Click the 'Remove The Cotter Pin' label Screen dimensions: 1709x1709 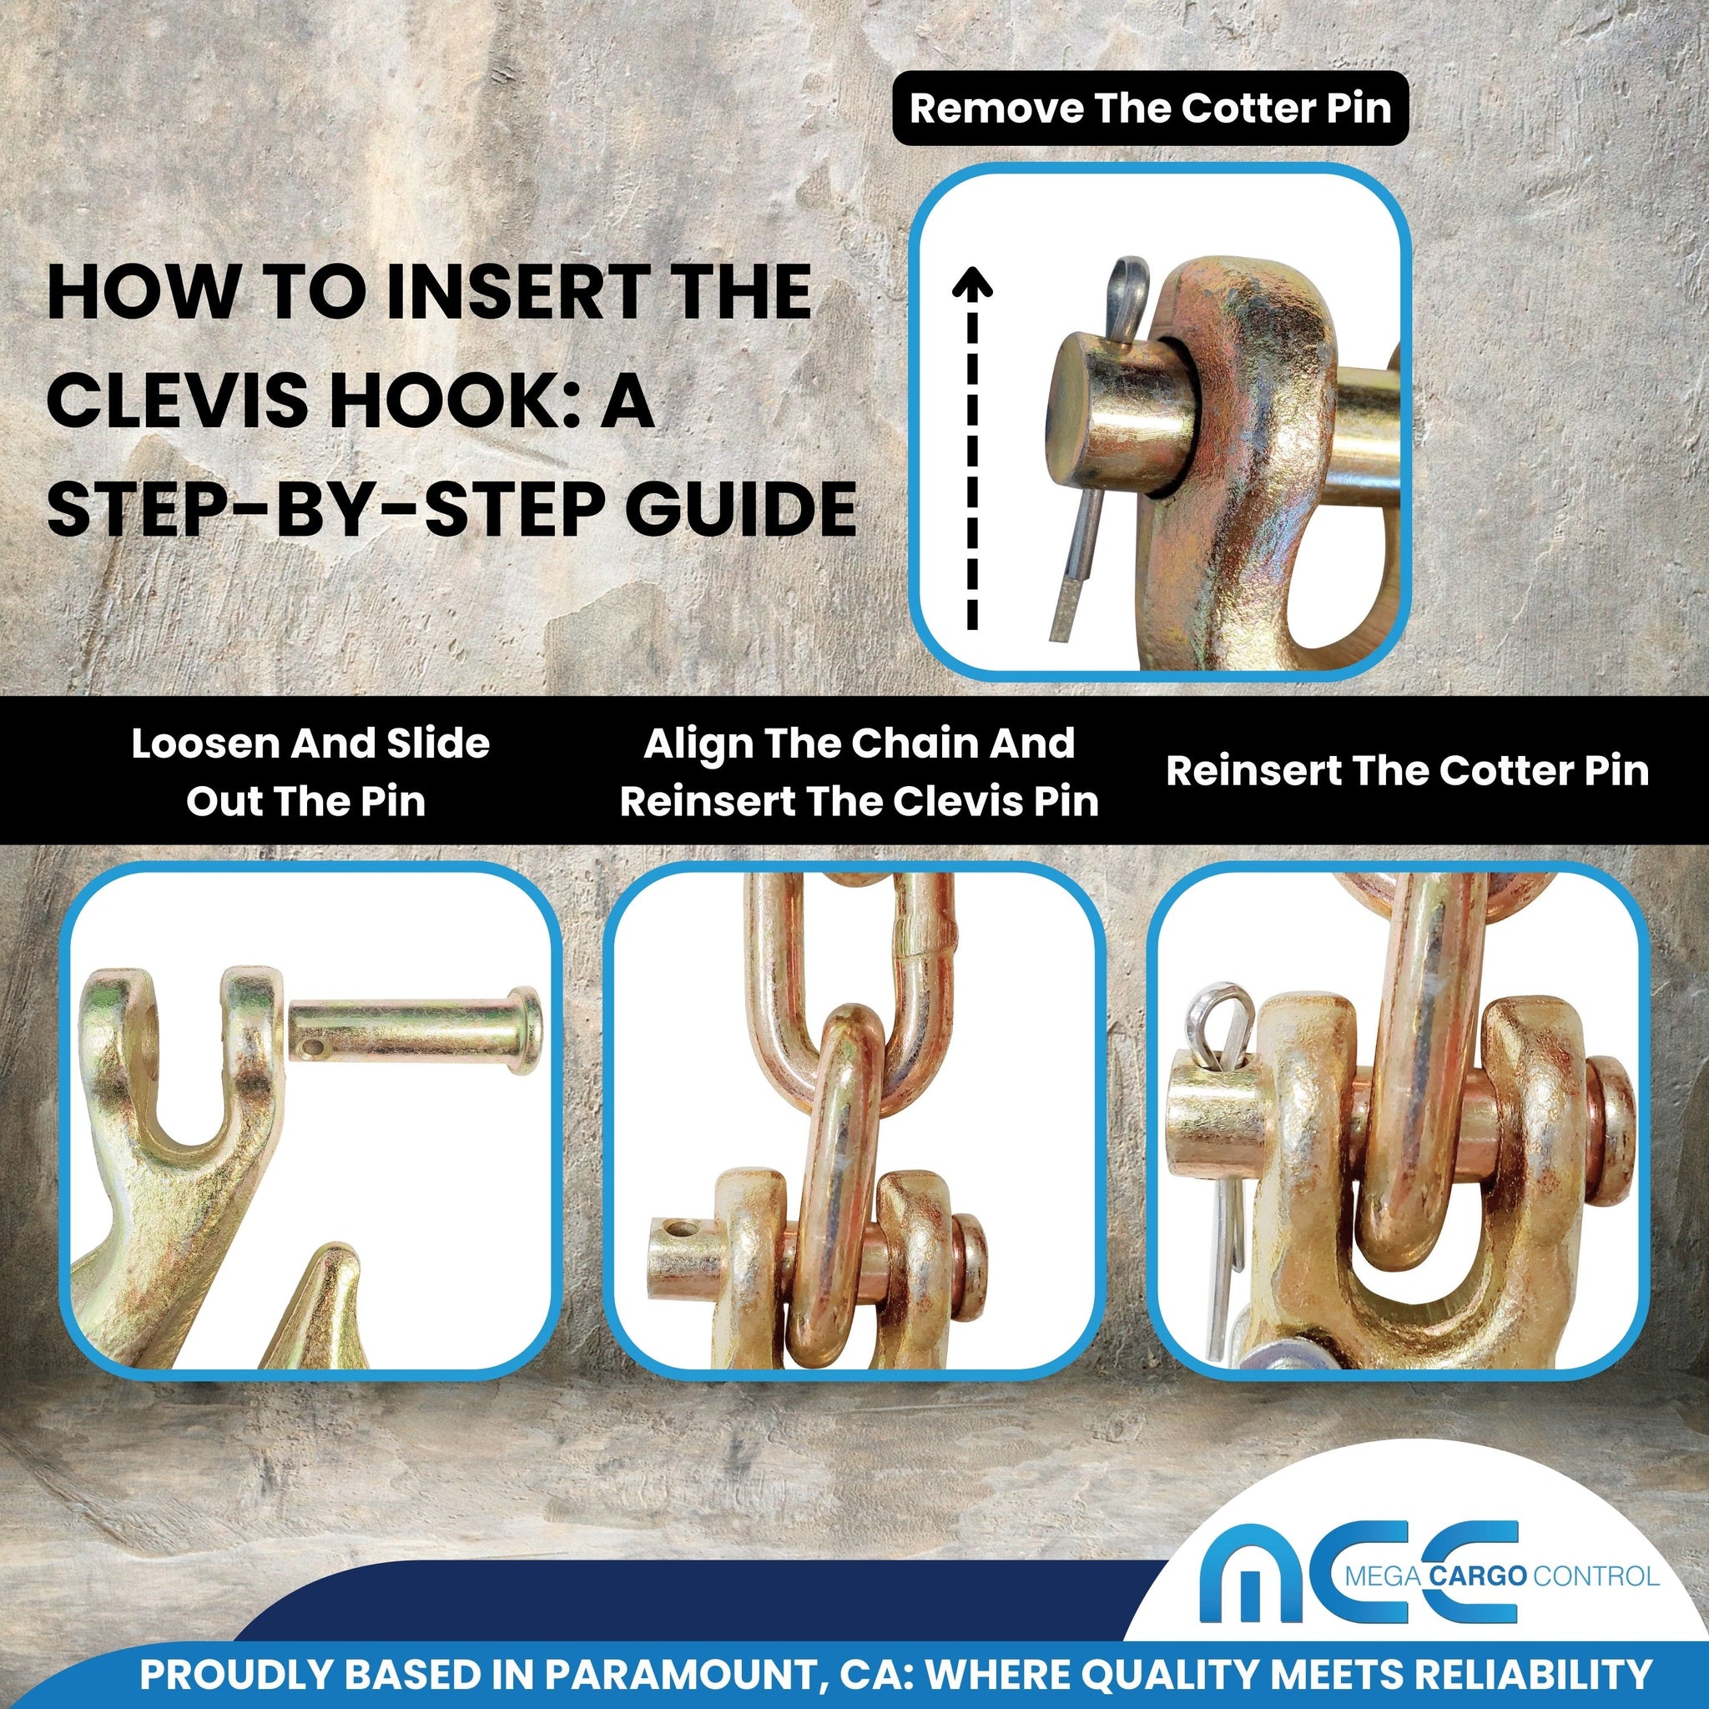1150,108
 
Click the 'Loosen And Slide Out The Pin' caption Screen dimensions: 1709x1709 310,772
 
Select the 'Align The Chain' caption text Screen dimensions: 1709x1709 858,744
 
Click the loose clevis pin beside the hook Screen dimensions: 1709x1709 415,1031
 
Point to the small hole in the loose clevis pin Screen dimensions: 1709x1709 315,1048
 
